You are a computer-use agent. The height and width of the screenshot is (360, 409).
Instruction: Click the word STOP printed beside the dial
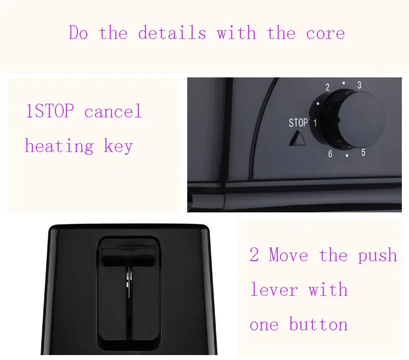tap(298, 123)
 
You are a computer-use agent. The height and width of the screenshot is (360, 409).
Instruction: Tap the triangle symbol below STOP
tap(298, 138)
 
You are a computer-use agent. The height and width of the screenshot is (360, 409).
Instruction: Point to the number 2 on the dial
tap(327, 87)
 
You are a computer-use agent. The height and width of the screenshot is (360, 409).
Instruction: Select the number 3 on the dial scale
tap(360, 85)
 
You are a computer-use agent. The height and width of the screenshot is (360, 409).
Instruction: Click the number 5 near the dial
tap(363, 152)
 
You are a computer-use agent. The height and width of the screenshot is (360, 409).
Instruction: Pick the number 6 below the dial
tap(330, 154)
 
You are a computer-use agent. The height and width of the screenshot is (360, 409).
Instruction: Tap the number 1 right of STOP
tap(315, 122)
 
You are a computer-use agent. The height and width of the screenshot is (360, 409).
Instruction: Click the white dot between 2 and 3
tap(344, 83)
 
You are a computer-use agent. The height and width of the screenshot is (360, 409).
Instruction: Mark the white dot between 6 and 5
tap(347, 156)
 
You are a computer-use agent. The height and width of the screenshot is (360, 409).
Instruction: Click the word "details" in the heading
tap(172, 32)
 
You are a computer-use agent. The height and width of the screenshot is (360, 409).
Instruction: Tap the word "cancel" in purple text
tap(113, 111)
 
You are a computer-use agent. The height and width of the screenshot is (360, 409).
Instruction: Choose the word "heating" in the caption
tap(59, 146)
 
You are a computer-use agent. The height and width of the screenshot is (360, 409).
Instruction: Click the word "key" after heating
tap(119, 146)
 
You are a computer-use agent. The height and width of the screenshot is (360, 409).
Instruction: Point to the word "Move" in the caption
tap(288, 255)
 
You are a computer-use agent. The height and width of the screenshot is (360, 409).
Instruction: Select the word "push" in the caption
tap(377, 256)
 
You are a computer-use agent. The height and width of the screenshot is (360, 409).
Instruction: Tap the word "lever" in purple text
tap(274, 289)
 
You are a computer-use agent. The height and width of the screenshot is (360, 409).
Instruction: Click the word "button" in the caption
tap(318, 324)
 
